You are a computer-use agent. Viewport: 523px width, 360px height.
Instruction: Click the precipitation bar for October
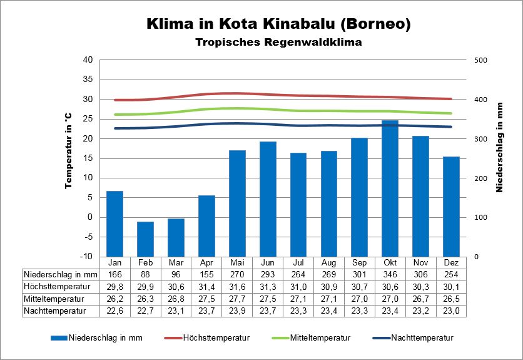click(390, 188)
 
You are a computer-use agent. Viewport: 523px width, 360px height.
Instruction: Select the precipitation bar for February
click(145, 239)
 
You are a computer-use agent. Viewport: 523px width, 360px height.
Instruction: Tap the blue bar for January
click(114, 224)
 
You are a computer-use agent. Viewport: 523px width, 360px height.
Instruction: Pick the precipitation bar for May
click(237, 203)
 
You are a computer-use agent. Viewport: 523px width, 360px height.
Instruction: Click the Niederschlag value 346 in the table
click(390, 274)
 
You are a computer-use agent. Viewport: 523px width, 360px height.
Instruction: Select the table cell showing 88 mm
click(145, 274)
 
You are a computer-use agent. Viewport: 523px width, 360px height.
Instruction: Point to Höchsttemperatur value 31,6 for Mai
click(237, 286)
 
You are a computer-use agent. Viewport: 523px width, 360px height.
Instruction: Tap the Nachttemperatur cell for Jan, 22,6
click(114, 310)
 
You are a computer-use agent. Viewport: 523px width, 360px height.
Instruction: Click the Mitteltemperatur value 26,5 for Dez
click(451, 298)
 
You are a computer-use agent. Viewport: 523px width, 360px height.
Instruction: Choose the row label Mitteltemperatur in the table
click(54, 298)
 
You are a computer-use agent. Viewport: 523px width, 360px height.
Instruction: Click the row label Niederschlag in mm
click(60, 274)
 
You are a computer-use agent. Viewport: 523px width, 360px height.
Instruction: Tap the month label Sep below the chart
click(359, 262)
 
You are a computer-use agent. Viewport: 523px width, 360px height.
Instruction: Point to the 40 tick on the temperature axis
click(88, 60)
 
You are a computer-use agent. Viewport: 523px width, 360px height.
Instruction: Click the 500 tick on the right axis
click(480, 60)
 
